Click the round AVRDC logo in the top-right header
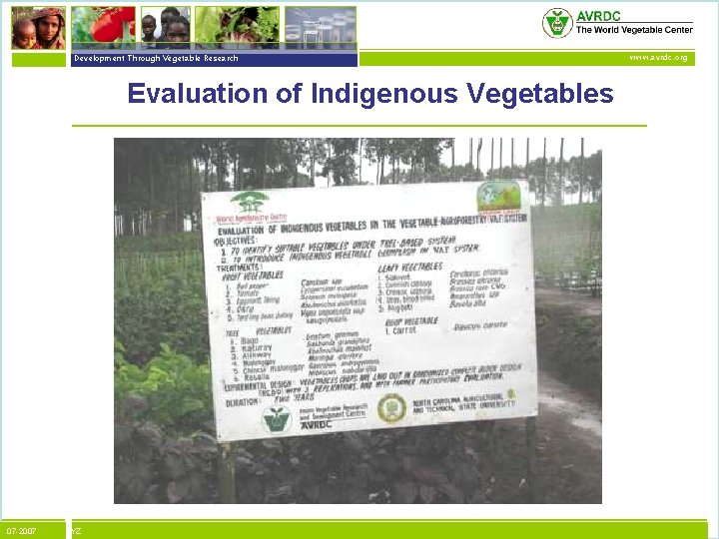(x=556, y=22)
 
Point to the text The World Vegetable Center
(x=634, y=30)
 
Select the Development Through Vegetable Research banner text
(x=156, y=58)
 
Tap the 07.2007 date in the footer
(x=21, y=530)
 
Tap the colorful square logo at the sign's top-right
(x=498, y=196)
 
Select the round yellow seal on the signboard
(x=391, y=406)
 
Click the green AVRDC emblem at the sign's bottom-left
(x=276, y=418)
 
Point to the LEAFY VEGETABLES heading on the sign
(x=410, y=267)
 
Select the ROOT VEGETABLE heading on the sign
(x=409, y=321)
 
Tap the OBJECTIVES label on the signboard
(x=240, y=241)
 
